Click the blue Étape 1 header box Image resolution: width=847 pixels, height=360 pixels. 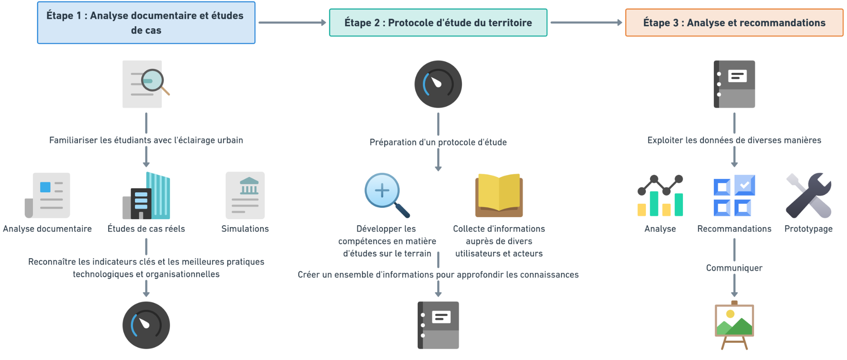pyautogui.click(x=146, y=22)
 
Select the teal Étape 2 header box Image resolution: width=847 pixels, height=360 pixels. pyautogui.click(x=438, y=22)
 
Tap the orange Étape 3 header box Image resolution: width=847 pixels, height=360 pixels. pyautogui.click(x=734, y=22)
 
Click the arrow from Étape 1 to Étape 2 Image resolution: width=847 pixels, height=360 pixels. pyautogui.click(x=292, y=22)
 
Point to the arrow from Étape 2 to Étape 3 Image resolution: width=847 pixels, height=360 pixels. pyautogui.click(x=586, y=22)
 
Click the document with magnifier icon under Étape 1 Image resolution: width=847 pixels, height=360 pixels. pyautogui.click(x=146, y=84)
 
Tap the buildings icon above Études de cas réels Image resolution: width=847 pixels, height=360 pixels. pyautogui.click(x=146, y=195)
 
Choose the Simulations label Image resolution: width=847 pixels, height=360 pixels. pyautogui.click(x=245, y=229)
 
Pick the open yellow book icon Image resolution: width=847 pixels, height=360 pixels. pyautogui.click(x=499, y=195)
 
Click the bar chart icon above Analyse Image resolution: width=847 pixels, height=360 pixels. pyautogui.click(x=660, y=195)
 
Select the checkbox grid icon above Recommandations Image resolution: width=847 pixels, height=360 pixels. pyautogui.click(x=734, y=195)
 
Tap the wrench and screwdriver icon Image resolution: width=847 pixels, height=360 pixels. pyautogui.click(x=808, y=195)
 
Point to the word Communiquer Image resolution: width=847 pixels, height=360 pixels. pyautogui.click(x=734, y=268)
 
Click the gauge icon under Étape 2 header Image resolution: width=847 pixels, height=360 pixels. pyautogui.click(x=438, y=84)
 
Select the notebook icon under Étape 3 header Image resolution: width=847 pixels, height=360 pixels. pyautogui.click(x=734, y=84)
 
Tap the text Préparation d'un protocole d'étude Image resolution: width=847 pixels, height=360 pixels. pyautogui.click(x=438, y=142)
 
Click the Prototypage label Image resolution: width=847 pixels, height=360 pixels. pyautogui.click(x=808, y=229)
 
